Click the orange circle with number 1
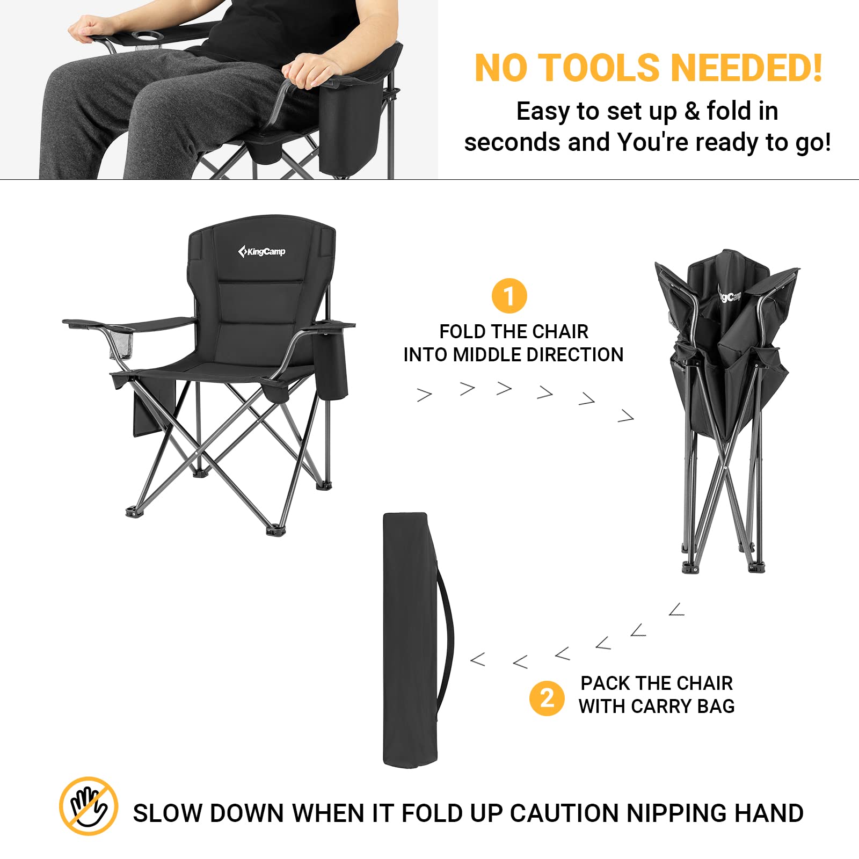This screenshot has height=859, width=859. point(509,296)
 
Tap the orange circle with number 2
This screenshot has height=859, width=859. point(547,698)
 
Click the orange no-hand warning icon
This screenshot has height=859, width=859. point(89,806)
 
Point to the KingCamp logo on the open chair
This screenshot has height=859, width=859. point(261,251)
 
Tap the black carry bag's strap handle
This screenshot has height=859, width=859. point(446,639)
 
